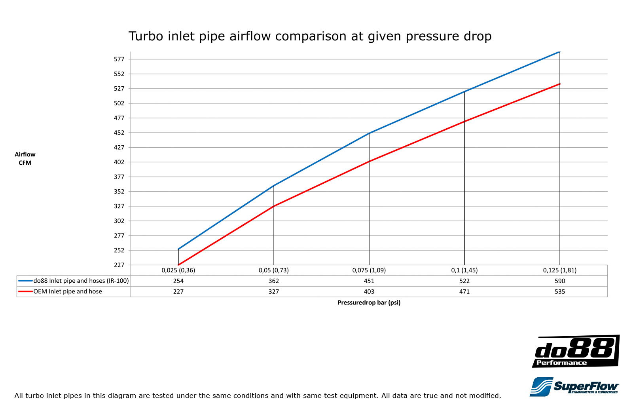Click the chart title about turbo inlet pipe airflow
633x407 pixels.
pyautogui.click(x=310, y=36)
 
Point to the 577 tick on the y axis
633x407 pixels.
pyautogui.click(x=119, y=59)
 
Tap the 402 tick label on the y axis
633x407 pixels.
pyautogui.click(x=119, y=162)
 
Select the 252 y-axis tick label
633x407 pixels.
pyautogui.click(x=119, y=250)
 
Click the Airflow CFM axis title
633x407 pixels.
pyautogui.click(x=25, y=158)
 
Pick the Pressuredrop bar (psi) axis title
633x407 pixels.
pyautogui.click(x=369, y=302)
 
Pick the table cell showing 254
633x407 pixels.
pyautogui.click(x=178, y=281)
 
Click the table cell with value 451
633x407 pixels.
pyautogui.click(x=369, y=281)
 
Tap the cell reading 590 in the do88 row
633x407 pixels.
pyautogui.click(x=560, y=281)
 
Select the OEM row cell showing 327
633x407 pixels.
pyautogui.click(x=274, y=291)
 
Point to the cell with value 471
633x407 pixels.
pyautogui.click(x=464, y=291)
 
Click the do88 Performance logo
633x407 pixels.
pyautogui.click(x=576, y=351)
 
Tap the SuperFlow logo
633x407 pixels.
pyautogui.click(x=574, y=387)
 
